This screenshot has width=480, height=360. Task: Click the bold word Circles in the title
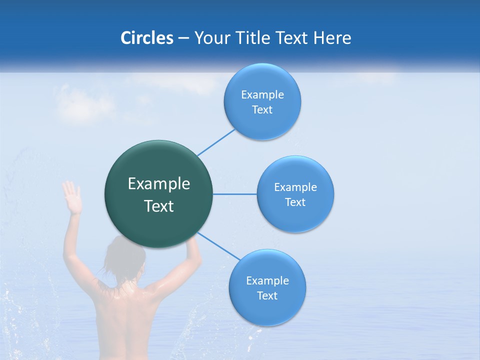146,38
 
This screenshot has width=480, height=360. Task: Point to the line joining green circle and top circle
216,142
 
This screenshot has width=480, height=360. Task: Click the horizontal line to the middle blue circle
235,194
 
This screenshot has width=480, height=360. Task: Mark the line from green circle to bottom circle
219,246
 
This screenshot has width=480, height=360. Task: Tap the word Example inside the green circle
159,184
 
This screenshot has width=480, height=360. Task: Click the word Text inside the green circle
159,206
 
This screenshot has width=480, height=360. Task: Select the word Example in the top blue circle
262,95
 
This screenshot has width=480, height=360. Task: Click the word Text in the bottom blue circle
267,295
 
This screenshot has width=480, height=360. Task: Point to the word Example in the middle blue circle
295,187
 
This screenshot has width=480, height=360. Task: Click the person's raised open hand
72,197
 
